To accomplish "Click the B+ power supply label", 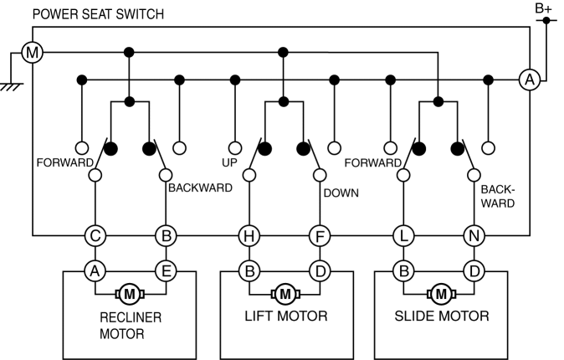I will click(544, 8).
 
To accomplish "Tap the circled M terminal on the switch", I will click(32, 54).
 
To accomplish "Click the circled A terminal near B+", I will click(529, 80).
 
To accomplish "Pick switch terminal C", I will click(95, 236).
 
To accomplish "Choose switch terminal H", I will click(248, 236).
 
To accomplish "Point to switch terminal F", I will click(318, 236).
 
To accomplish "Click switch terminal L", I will click(403, 236).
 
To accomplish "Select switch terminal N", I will click(474, 236).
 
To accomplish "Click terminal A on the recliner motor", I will click(95, 270).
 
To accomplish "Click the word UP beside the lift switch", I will click(230, 162).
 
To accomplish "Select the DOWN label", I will click(341, 193).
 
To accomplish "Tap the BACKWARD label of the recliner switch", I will click(200, 188).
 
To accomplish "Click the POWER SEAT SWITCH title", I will click(98, 14).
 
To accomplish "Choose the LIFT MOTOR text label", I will click(286, 316).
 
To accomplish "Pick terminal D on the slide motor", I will click(474, 270).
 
